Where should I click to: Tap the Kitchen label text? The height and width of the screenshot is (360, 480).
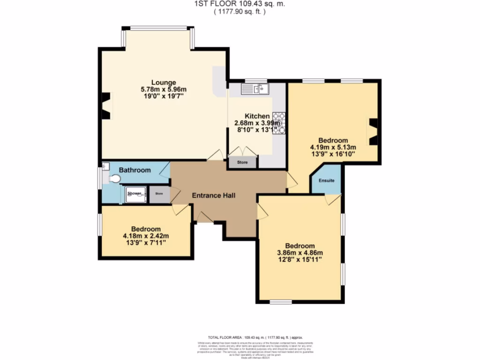pyautogui.click(x=257, y=116)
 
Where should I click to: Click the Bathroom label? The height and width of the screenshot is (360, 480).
pyautogui.click(x=135, y=170)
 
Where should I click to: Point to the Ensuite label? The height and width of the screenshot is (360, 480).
pyautogui.click(x=326, y=180)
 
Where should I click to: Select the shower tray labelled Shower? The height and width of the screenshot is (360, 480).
pyautogui.click(x=135, y=194)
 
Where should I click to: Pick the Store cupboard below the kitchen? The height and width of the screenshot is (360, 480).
pyautogui.click(x=242, y=163)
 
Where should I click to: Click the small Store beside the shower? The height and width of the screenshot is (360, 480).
pyautogui.click(x=159, y=194)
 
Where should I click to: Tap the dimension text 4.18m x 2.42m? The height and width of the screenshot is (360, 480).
pyautogui.click(x=146, y=236)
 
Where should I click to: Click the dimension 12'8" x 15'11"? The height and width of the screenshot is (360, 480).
pyautogui.click(x=300, y=260)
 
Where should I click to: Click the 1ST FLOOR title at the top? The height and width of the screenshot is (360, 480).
pyautogui.click(x=239, y=4)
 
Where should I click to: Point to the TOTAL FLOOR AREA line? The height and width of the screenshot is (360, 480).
pyautogui.click(x=255, y=337)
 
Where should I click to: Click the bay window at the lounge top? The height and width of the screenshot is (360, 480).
pyautogui.click(x=158, y=28)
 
